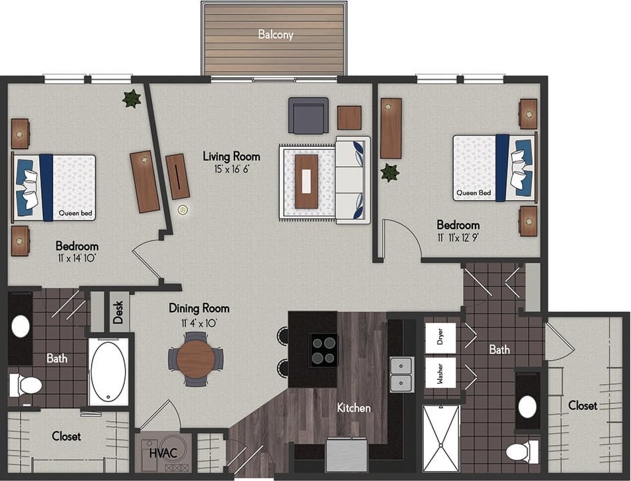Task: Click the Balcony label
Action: click(x=276, y=34)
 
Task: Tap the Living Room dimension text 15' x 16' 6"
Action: click(x=231, y=170)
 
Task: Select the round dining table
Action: click(x=195, y=359)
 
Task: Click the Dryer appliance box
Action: click(x=440, y=339)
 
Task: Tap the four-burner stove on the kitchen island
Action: click(x=324, y=350)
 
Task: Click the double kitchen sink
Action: click(x=401, y=374)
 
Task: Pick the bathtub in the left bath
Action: click(x=108, y=371)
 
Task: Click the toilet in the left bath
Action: click(x=25, y=384)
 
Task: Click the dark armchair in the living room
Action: click(x=308, y=116)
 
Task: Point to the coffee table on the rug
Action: click(x=306, y=181)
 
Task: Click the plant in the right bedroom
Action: click(x=389, y=173)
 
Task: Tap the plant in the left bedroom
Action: click(x=132, y=98)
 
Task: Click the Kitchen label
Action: click(x=353, y=408)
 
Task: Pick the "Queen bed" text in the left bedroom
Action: click(x=75, y=214)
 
